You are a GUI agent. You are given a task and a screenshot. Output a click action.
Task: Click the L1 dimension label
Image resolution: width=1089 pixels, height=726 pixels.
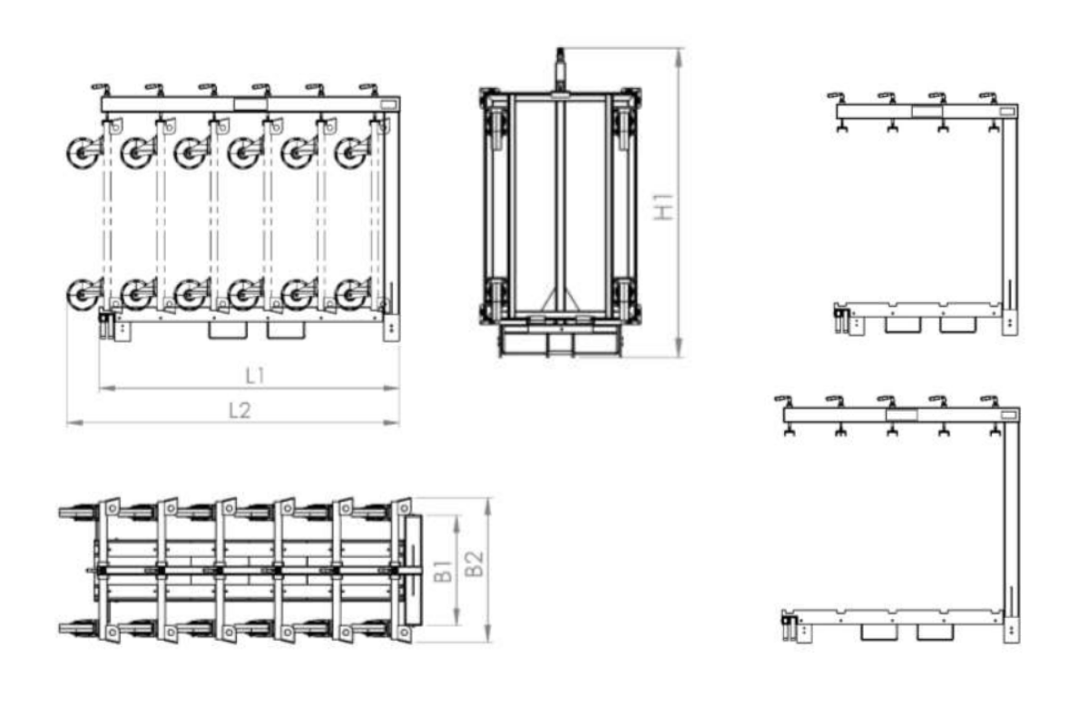click(x=255, y=376)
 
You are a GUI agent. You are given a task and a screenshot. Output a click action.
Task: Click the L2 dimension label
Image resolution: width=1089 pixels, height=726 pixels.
click(x=240, y=411)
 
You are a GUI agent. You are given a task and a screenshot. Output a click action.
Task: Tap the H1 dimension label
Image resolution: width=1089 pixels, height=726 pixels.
click(x=664, y=207)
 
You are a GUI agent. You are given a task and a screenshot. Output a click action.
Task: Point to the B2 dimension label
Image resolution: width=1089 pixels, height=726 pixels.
click(x=475, y=564)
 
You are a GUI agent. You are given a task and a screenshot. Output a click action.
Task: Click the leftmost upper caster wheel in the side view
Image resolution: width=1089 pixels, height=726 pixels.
click(x=83, y=152)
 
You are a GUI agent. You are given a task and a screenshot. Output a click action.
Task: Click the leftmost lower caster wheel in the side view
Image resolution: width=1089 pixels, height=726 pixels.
click(x=83, y=295)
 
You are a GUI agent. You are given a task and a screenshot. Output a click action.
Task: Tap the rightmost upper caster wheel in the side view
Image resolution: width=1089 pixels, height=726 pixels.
click(x=350, y=152)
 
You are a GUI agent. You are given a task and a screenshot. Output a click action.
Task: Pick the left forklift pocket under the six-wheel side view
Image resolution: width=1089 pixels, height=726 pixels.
click(x=228, y=330)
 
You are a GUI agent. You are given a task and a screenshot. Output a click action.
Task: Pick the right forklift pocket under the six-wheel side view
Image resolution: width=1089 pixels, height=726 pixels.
click(x=286, y=330)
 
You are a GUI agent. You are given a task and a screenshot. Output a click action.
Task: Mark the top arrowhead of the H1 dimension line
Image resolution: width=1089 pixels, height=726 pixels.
click(x=679, y=56)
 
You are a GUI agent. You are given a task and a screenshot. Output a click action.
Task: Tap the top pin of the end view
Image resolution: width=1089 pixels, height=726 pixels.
click(x=560, y=68)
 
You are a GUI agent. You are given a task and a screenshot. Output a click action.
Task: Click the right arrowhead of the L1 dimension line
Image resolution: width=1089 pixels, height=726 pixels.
click(x=391, y=388)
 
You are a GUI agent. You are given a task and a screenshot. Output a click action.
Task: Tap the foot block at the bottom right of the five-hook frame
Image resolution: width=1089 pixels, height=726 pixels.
click(x=1012, y=630)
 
